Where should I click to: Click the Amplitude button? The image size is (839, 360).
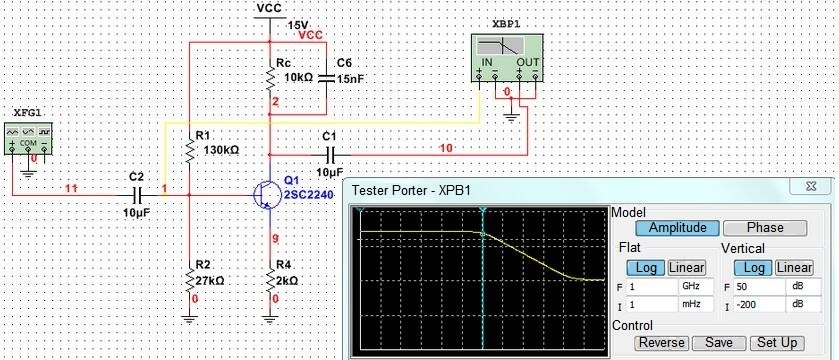tap(677, 228)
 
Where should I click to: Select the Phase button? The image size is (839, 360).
tap(765, 228)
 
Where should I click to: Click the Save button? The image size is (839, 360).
tap(718, 343)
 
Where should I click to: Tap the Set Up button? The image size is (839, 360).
tap(777, 343)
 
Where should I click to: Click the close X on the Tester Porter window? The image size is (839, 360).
tap(811, 186)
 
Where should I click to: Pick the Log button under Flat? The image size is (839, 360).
tap(646, 267)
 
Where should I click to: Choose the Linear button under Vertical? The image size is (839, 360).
tap(794, 267)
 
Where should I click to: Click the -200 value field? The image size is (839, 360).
tap(759, 305)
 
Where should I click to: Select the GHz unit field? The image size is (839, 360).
tap(696, 286)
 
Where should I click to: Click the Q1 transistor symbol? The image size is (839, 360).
tap(265, 195)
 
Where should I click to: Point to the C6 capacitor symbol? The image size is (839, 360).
tap(326, 79)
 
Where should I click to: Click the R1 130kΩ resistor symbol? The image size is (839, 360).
tap(189, 150)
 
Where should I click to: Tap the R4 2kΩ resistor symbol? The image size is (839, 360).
tap(270, 279)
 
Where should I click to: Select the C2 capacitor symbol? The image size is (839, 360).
tap(138, 196)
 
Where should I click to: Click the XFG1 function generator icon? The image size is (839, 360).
tap(28, 139)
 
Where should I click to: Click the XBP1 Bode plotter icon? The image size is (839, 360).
tap(506, 59)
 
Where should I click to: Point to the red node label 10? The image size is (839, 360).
tap(445, 148)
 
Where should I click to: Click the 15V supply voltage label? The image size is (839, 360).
tap(298, 25)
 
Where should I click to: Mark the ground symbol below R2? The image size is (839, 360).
tap(189, 319)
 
